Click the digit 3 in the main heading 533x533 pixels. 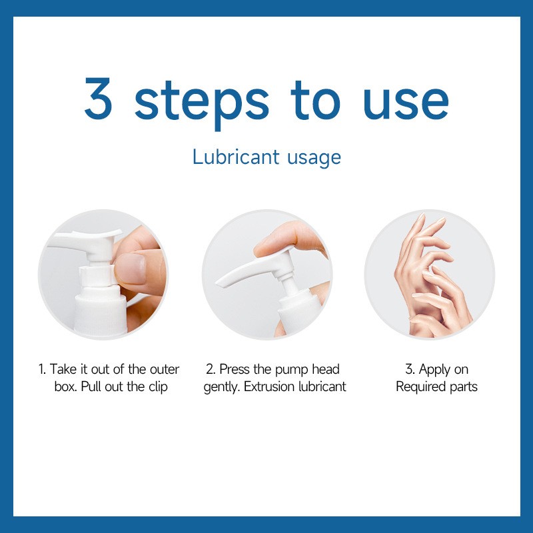point(98,98)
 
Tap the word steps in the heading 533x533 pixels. point(202,100)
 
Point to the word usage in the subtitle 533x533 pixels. point(313,159)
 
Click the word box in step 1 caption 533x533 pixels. point(65,387)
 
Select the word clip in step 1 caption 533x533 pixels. point(155,387)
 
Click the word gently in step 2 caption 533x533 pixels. point(222,387)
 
